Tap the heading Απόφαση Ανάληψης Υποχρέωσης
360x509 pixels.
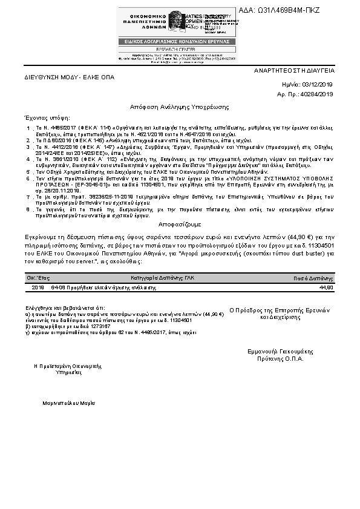click(x=180, y=107)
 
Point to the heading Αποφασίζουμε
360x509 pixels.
click(x=180, y=223)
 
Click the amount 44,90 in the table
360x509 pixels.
click(x=326, y=287)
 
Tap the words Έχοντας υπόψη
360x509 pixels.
click(x=47, y=117)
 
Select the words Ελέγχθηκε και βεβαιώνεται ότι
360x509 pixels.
click(x=57, y=308)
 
